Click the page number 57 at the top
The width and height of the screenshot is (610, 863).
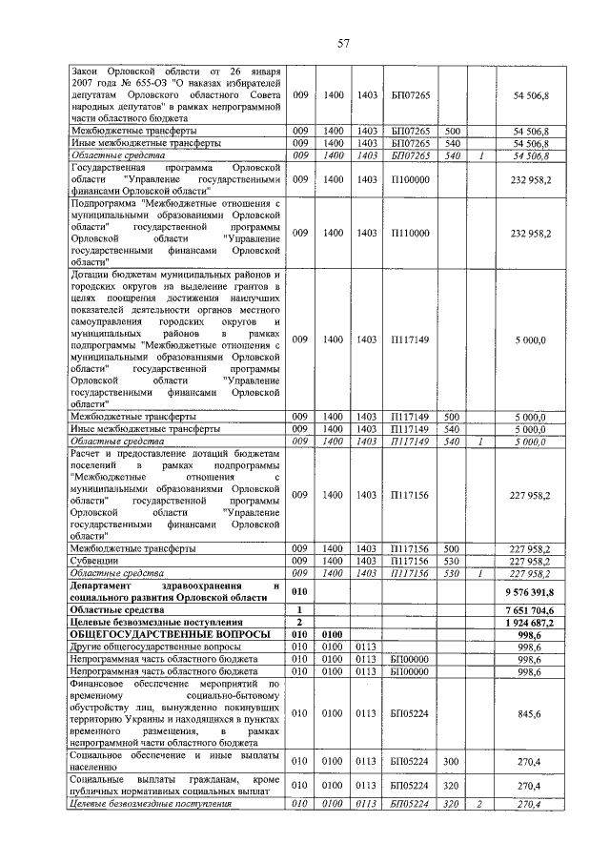click(x=305, y=43)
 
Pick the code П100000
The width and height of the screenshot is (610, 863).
click(x=410, y=178)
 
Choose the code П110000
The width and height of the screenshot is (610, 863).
click(x=410, y=233)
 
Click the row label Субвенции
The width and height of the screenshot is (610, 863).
click(x=96, y=562)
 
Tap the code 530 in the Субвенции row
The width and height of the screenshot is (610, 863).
click(x=453, y=562)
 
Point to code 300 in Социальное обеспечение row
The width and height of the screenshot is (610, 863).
click(x=453, y=761)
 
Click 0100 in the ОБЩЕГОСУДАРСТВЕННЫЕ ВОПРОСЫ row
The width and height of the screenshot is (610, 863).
click(x=332, y=633)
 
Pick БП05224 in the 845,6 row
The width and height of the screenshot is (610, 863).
click(x=410, y=712)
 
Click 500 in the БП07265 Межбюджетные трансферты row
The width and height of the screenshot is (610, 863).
click(x=453, y=131)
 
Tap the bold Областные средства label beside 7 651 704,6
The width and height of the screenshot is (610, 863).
click(x=112, y=609)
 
